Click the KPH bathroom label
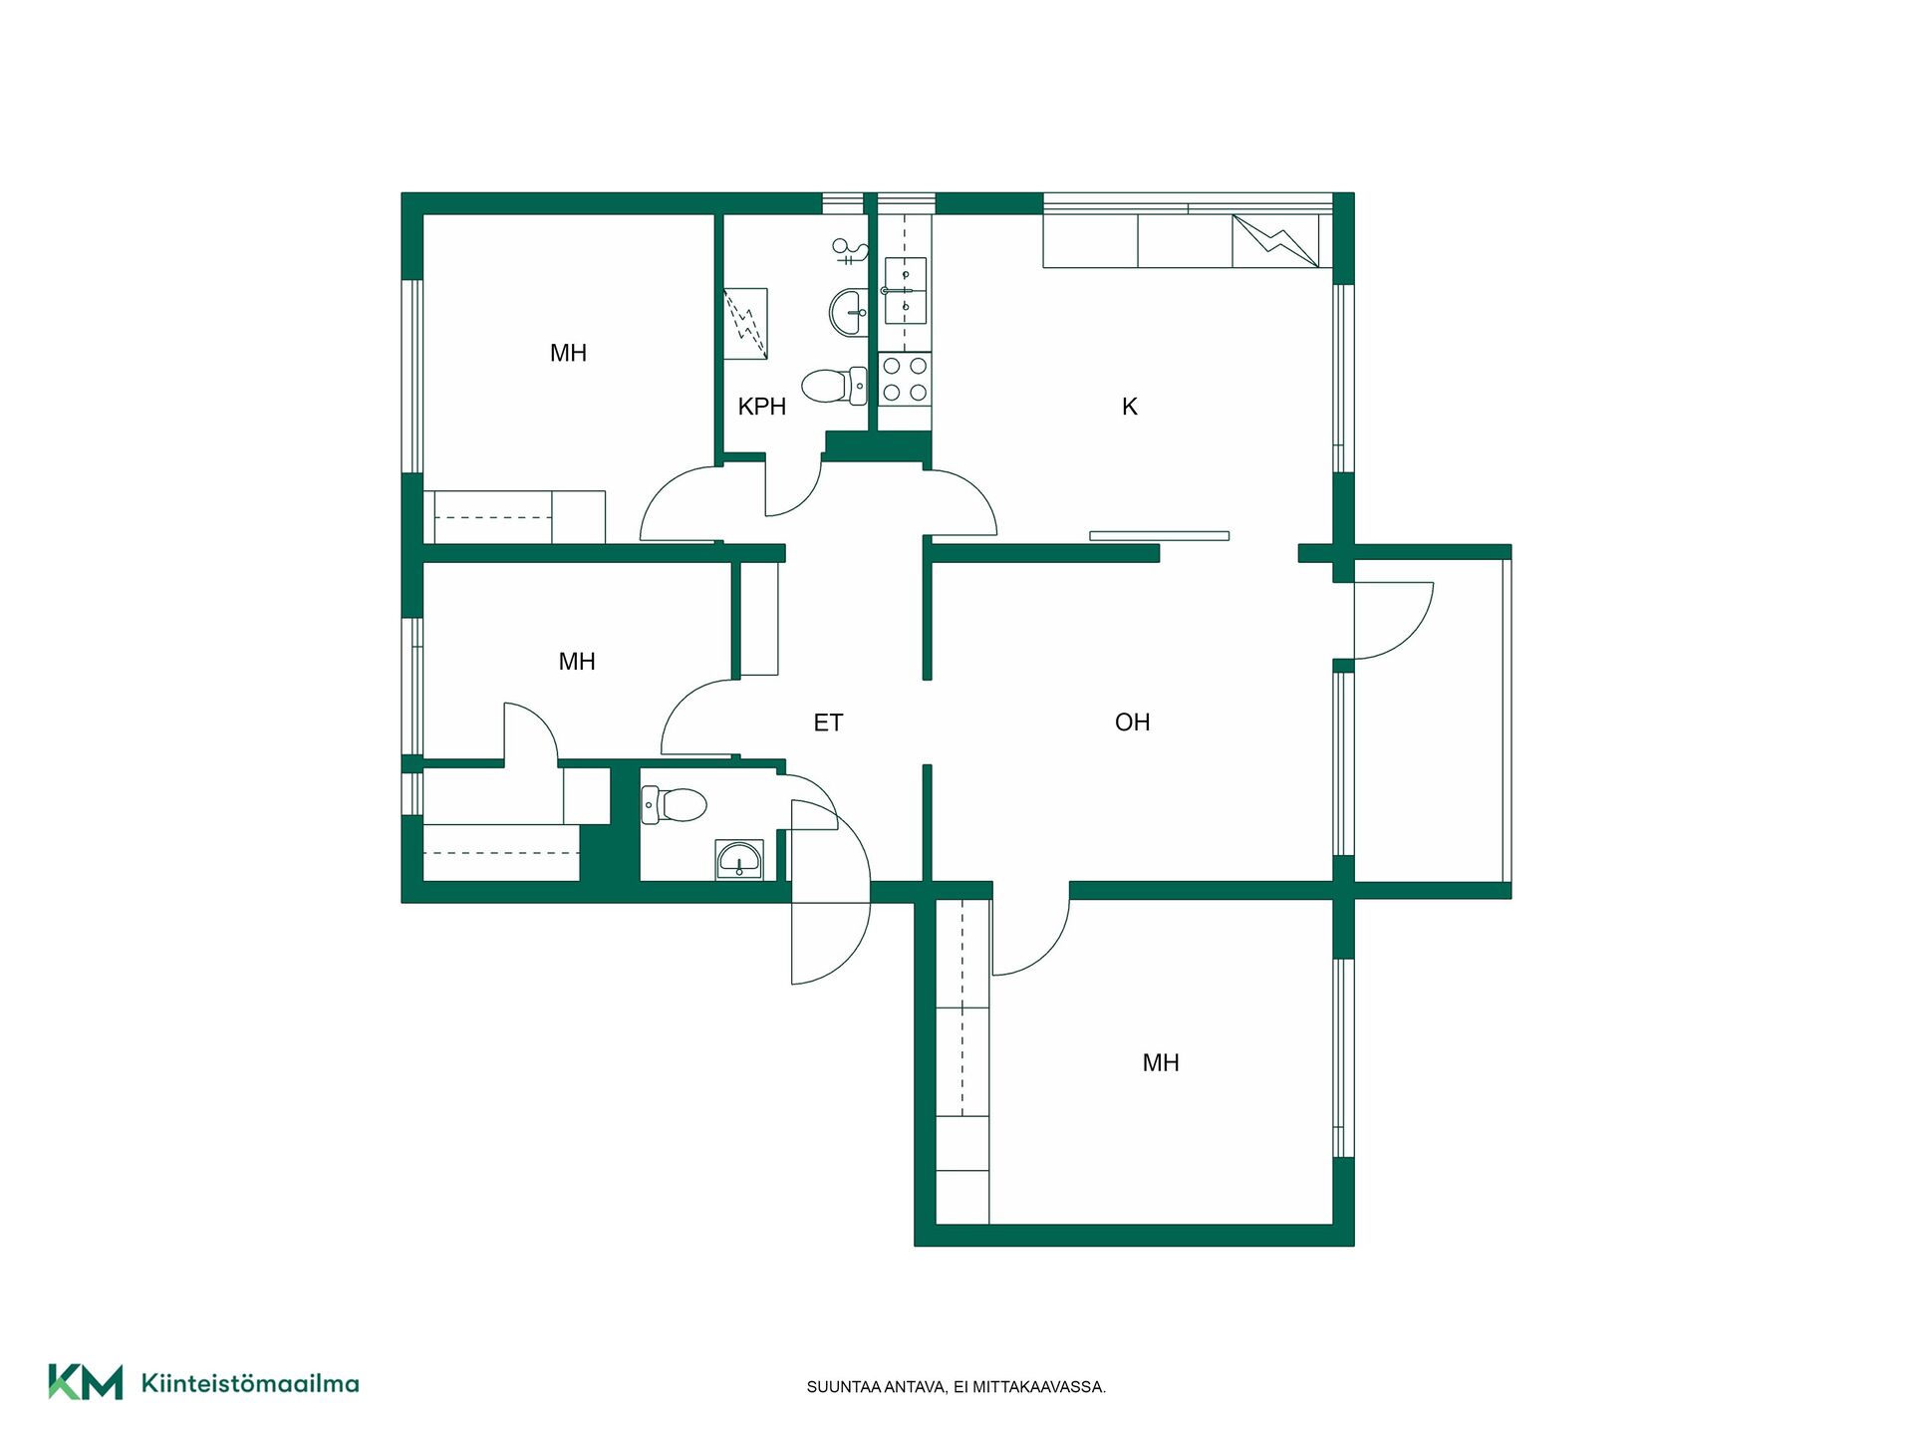coord(762,407)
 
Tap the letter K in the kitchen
coord(1130,407)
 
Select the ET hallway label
coord(828,722)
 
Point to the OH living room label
coord(1132,722)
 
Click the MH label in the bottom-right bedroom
coord(1161,1063)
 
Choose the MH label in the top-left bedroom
coord(568,353)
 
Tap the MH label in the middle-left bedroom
coord(577,662)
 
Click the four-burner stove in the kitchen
coord(905,379)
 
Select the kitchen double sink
coord(906,291)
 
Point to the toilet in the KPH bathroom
coord(834,386)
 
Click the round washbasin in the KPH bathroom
coord(848,313)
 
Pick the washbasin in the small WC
coord(739,860)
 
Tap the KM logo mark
coord(86,1382)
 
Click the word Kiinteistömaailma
coord(250,1383)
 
